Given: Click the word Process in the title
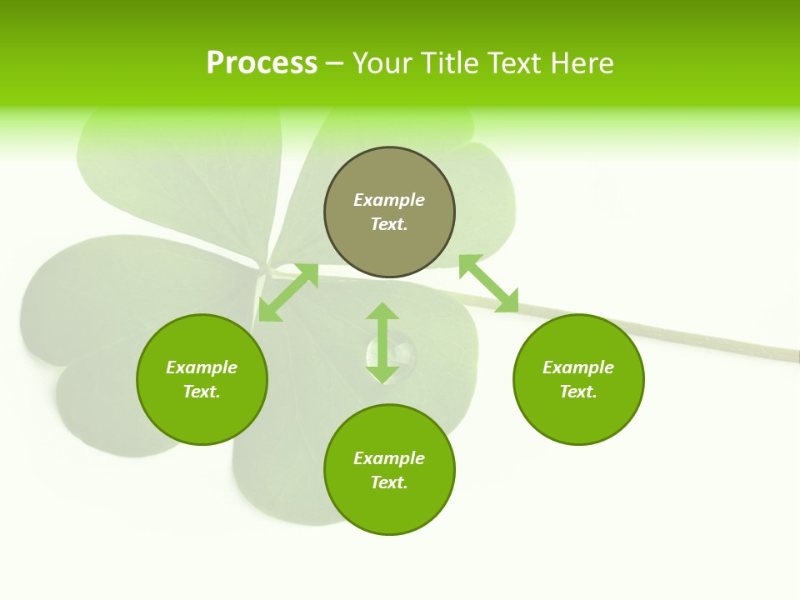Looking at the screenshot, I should click(x=262, y=63).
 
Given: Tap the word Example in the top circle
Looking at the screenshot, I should click(x=389, y=200).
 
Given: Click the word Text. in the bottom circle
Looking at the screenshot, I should click(x=389, y=482).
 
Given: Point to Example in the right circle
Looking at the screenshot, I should click(x=578, y=367).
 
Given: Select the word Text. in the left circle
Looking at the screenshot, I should click(x=202, y=392).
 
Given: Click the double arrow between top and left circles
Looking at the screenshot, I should click(x=288, y=292).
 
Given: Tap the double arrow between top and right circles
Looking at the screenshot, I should click(x=488, y=284).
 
